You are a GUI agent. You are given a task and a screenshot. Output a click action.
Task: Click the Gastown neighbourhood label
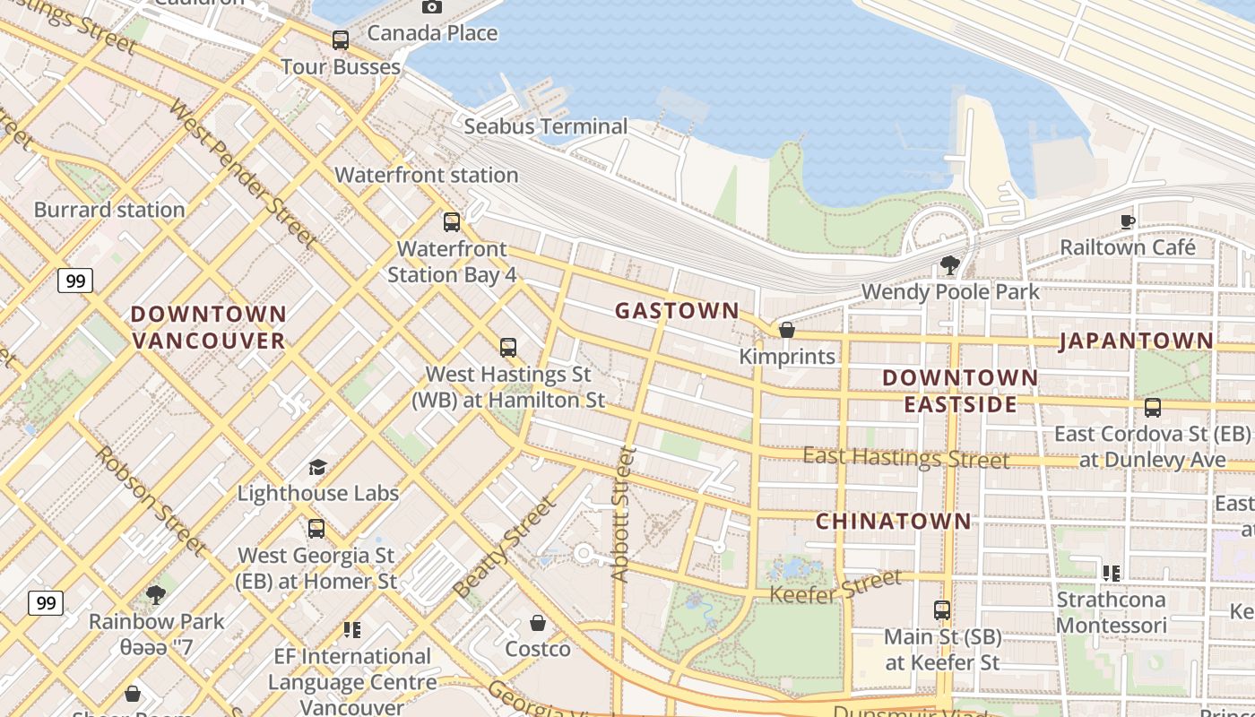(677, 311)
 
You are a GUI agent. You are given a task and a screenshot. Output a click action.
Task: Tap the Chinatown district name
(893, 521)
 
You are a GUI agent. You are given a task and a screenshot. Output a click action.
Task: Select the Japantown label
(1137, 341)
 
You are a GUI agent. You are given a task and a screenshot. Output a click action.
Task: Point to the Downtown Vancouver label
(208, 327)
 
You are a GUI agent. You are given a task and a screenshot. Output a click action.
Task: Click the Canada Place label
(432, 33)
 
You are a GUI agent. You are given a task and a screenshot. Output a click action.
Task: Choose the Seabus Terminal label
(545, 126)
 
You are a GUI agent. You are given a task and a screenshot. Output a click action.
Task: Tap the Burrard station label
(109, 210)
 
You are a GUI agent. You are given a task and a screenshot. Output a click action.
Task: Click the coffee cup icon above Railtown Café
(1127, 221)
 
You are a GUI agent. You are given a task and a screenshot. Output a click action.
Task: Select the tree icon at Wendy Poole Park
(949, 265)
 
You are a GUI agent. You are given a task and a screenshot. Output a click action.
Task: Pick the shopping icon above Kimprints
(786, 330)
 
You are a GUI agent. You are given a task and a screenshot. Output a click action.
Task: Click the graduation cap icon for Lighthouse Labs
(317, 467)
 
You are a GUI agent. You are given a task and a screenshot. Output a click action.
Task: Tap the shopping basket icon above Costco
(538, 622)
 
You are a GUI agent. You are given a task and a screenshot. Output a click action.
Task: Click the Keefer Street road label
(835, 587)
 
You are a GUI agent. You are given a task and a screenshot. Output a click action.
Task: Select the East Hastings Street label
(905, 457)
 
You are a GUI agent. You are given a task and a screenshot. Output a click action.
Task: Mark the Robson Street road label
(151, 500)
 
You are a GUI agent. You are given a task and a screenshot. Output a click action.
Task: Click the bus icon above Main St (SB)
(941, 610)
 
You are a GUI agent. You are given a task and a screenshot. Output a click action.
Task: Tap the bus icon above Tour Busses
(340, 40)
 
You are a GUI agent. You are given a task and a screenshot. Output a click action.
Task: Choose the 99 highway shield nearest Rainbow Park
(45, 602)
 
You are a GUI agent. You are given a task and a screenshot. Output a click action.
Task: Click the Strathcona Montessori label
(1112, 612)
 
